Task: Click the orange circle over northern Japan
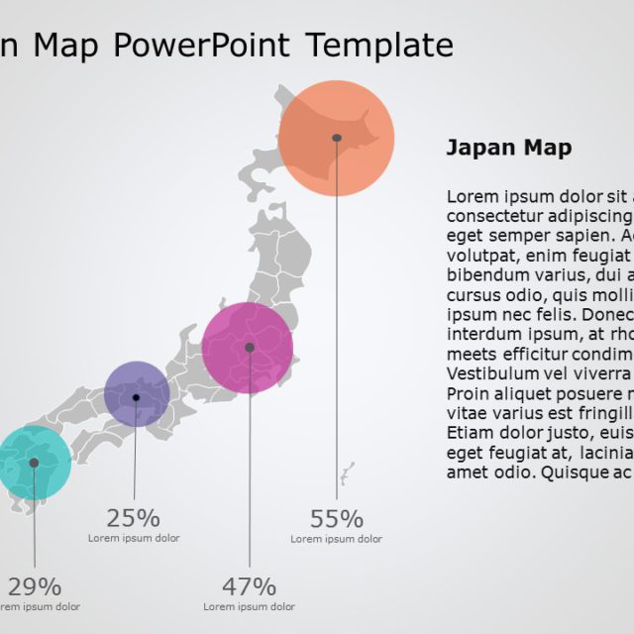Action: (337, 139)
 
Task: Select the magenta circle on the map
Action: (248, 348)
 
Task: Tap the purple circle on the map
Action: (137, 394)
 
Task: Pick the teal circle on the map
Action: (34, 463)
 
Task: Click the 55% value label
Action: (337, 518)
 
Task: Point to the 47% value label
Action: (250, 585)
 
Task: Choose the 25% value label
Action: (134, 517)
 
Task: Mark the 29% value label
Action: (35, 585)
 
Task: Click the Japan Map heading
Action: (509, 149)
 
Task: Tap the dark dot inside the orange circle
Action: (337, 138)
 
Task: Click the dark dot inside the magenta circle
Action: (250, 348)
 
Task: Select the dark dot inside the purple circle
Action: (137, 397)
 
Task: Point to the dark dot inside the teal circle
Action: (34, 463)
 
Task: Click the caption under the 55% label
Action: (337, 539)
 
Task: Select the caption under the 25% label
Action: (134, 538)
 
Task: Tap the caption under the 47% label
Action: (250, 606)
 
